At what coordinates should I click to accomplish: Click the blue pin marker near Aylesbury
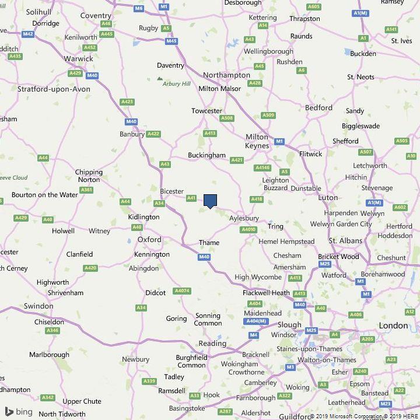210,201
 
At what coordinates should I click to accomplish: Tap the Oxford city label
149,240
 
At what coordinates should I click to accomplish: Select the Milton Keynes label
257,141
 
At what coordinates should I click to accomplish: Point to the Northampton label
226,75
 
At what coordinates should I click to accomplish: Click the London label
393,325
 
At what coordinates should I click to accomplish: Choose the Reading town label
212,343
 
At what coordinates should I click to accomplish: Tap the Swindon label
38,306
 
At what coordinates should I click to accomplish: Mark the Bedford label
318,108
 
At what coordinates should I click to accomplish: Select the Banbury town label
132,134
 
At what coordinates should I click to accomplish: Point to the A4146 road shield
262,168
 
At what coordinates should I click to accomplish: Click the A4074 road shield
182,290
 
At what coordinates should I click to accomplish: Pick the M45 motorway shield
171,41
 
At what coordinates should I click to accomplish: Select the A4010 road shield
249,230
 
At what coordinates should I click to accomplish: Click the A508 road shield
227,118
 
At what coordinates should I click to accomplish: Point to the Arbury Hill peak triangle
160,78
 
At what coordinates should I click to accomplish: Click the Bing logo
18,411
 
